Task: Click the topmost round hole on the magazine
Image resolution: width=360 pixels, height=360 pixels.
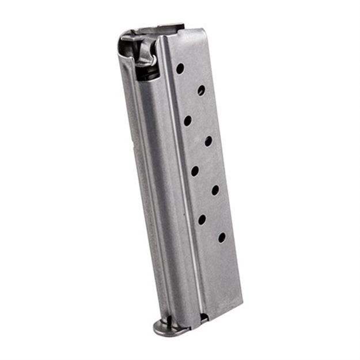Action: tap(180, 68)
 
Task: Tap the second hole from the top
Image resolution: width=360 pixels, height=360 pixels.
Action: tap(201, 90)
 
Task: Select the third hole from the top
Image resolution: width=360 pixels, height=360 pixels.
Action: tap(187, 120)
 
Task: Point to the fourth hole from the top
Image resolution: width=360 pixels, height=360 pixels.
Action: tap(208, 141)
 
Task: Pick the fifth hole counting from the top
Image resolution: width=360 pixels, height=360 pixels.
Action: tap(195, 170)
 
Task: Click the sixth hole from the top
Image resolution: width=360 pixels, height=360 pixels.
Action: tap(215, 190)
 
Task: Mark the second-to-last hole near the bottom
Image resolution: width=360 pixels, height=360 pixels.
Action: tap(202, 219)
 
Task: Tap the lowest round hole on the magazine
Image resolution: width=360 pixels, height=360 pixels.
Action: tap(222, 237)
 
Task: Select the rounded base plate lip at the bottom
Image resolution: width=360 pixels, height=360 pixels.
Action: tap(166, 329)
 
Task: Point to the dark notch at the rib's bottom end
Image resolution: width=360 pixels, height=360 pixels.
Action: tap(203, 317)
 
